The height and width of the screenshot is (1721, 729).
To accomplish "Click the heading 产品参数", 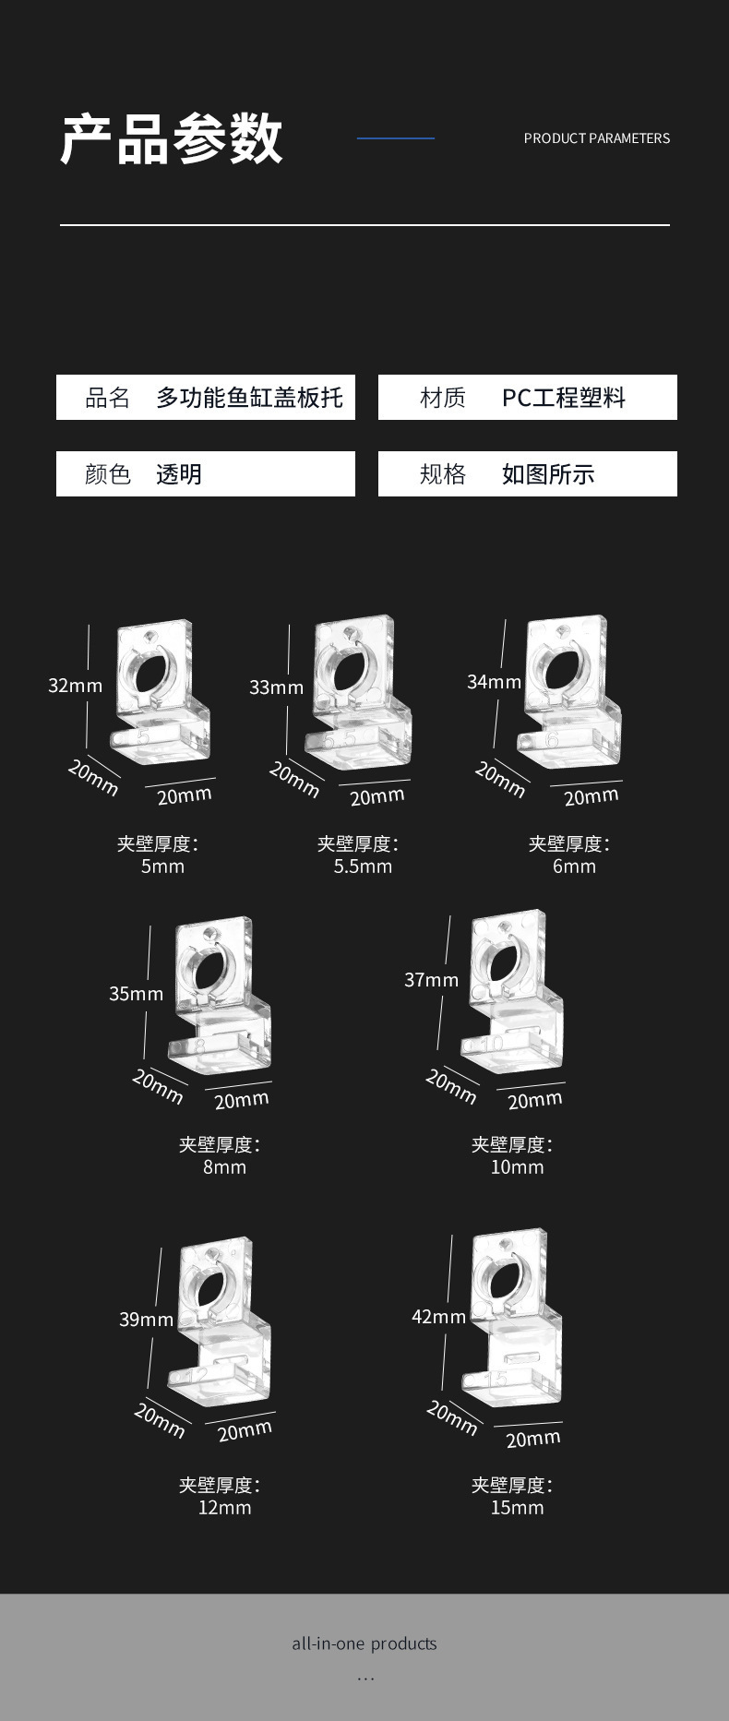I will [172, 139].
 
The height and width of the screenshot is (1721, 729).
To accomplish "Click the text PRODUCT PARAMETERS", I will [596, 138].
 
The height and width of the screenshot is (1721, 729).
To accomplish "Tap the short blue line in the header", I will [395, 138].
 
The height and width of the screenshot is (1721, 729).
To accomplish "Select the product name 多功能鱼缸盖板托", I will [249, 398].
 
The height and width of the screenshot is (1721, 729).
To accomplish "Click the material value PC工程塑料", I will [563, 398].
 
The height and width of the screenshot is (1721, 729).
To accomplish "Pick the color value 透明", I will [178, 474].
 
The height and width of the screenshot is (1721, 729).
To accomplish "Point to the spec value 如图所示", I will [547, 474].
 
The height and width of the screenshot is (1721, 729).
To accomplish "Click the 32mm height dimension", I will [75, 686].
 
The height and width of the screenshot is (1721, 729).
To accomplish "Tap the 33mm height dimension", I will [276, 687].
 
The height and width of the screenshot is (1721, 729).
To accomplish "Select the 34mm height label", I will [494, 682].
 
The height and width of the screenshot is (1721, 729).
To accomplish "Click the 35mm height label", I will [136, 994].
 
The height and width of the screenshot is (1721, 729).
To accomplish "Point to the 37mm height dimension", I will [431, 980].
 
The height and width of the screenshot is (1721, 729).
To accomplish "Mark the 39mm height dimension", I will [146, 1320].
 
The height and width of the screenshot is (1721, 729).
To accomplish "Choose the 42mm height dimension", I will [438, 1317].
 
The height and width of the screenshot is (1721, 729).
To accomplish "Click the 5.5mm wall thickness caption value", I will [363, 866].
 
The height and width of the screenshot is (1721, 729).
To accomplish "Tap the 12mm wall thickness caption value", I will [224, 1508].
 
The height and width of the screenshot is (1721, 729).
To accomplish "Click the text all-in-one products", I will [364, 1643].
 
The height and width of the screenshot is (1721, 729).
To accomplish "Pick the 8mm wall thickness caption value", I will [224, 1167].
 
